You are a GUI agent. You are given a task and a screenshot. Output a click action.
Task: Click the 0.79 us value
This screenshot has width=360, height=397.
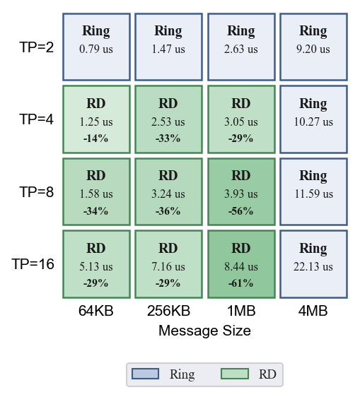(96, 49)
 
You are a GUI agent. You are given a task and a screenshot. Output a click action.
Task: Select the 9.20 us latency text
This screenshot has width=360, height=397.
(313, 49)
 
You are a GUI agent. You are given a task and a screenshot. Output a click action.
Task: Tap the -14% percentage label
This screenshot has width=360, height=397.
(95, 138)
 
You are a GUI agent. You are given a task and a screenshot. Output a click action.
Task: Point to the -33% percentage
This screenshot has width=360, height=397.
(168, 138)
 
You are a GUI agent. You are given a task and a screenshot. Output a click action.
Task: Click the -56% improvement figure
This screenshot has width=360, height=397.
(241, 211)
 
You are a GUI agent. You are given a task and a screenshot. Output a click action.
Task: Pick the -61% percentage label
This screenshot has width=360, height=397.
(241, 283)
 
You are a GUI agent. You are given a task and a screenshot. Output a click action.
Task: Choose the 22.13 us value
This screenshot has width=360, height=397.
(313, 266)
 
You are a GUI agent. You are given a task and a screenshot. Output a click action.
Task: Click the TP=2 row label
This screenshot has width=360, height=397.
(37, 47)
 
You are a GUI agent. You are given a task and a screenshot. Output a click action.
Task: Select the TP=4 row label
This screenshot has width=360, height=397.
(37, 119)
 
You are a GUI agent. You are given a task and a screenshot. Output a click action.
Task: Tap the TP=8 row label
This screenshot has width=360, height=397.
(37, 191)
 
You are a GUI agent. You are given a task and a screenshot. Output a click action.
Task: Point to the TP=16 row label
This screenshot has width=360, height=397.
(33, 264)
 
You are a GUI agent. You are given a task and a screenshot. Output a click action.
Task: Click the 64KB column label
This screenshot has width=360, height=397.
(96, 311)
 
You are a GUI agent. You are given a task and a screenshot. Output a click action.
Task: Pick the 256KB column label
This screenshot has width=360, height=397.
(168, 311)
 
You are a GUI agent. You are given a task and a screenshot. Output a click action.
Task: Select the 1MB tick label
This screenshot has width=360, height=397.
(241, 311)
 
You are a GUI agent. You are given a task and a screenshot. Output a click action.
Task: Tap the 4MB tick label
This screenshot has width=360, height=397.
(313, 311)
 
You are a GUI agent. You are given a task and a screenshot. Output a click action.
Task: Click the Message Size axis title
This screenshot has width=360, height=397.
(205, 331)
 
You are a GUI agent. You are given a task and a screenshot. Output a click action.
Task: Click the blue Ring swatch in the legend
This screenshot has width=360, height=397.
(145, 374)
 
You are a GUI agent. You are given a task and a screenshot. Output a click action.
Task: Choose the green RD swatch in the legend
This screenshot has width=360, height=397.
(235, 374)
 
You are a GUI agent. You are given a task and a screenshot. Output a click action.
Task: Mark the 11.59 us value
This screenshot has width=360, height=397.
(313, 194)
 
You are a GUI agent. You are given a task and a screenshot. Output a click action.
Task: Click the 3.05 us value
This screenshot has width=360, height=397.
(241, 122)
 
